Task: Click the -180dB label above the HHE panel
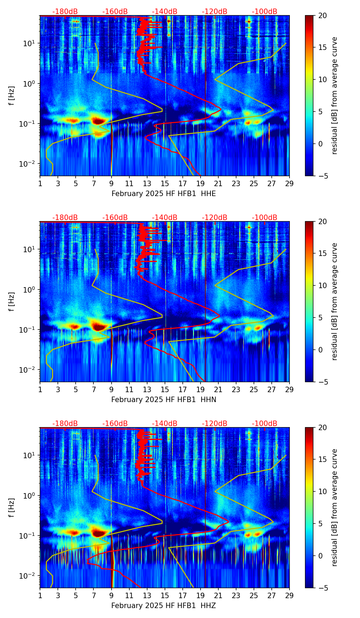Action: (x=65, y=12)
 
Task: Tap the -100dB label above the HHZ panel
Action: (x=265, y=424)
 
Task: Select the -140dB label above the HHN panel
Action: (x=165, y=218)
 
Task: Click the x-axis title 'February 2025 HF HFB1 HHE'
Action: (x=164, y=194)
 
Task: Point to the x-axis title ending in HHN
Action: (x=164, y=400)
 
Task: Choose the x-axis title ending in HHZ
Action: (x=164, y=606)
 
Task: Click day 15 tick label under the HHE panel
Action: (x=165, y=184)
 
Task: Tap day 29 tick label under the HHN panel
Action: (x=290, y=390)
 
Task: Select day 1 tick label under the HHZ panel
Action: (x=40, y=596)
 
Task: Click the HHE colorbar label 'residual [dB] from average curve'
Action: (x=334, y=95)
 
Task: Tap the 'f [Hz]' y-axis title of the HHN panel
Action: (x=12, y=301)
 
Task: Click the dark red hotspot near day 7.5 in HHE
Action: (x=98, y=121)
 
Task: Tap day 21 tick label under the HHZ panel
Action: (x=218, y=596)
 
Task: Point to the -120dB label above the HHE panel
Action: (x=215, y=12)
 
